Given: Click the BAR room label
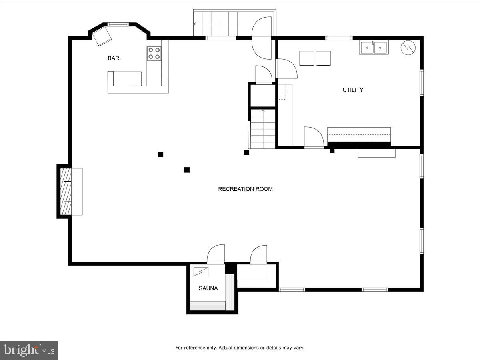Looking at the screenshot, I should click(x=113, y=58).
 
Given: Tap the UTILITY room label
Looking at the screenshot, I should click(x=353, y=90).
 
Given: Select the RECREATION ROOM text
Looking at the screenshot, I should click(x=245, y=189).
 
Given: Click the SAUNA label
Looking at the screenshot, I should click(x=208, y=288).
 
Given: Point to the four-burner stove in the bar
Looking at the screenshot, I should click(x=154, y=54).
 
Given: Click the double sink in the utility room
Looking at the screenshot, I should click(x=374, y=48).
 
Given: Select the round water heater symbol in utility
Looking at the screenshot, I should click(x=408, y=48).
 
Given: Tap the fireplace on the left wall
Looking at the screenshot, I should click(x=66, y=192).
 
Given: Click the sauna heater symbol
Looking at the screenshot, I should click(x=201, y=272).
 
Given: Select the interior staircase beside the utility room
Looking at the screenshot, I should click(x=263, y=129).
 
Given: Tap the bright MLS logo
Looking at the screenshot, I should click(x=29, y=350).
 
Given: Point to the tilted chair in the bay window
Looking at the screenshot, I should click(x=102, y=36).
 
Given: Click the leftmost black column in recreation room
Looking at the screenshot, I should click(x=160, y=154).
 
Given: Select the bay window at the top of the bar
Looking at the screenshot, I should click(x=118, y=24).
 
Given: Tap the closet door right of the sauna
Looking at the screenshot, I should click(x=258, y=254).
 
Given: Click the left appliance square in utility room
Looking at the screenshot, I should click(x=306, y=58).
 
